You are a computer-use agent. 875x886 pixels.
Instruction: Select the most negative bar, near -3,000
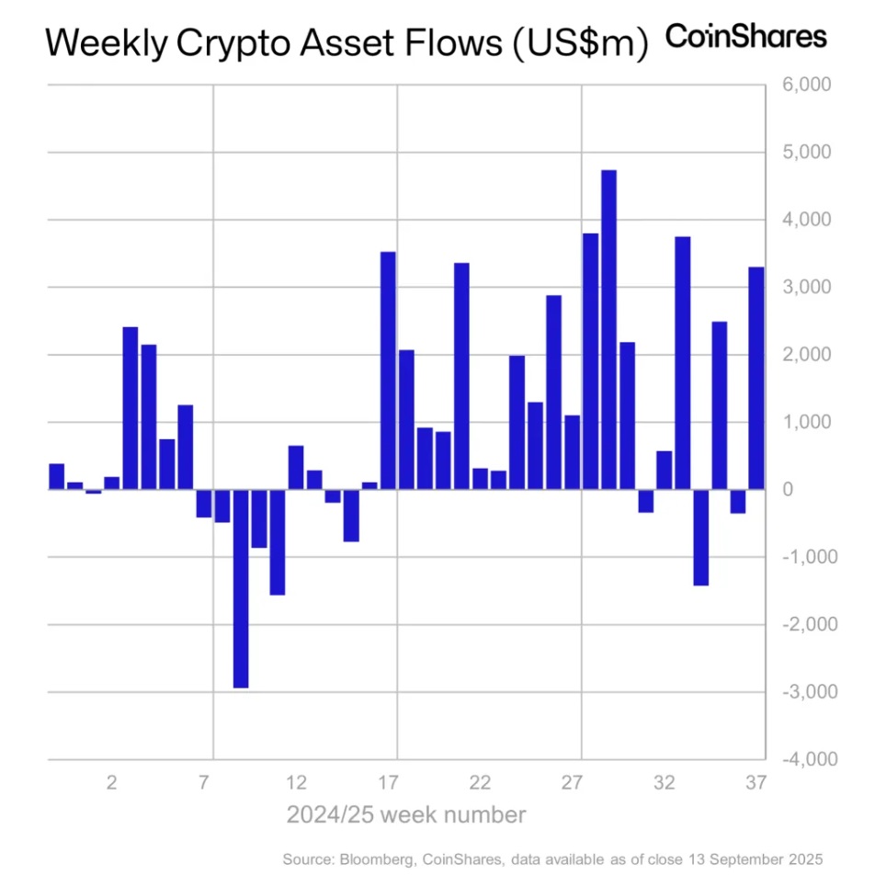tap(241, 588)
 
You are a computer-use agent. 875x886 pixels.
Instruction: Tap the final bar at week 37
tap(756, 378)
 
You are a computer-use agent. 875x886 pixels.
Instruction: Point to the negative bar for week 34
tap(701, 537)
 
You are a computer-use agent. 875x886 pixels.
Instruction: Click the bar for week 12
tap(296, 468)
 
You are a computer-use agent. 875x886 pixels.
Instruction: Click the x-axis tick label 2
tap(112, 784)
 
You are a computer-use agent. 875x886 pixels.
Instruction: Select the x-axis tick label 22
tap(480, 784)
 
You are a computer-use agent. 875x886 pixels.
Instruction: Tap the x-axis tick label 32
tap(664, 784)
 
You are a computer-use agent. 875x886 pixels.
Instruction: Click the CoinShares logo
tap(745, 37)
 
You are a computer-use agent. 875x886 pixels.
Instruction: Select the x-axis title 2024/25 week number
tap(406, 814)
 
